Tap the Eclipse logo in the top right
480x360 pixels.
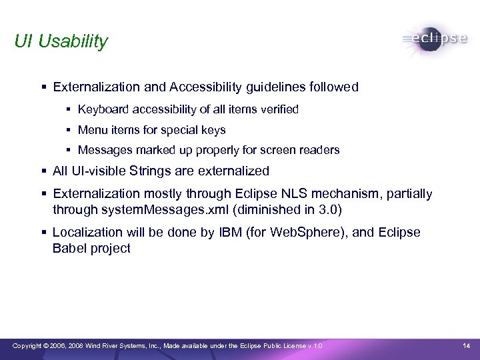tap(435, 39)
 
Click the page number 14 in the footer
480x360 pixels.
tap(466, 345)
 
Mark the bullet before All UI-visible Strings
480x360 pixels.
tap(43, 171)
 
